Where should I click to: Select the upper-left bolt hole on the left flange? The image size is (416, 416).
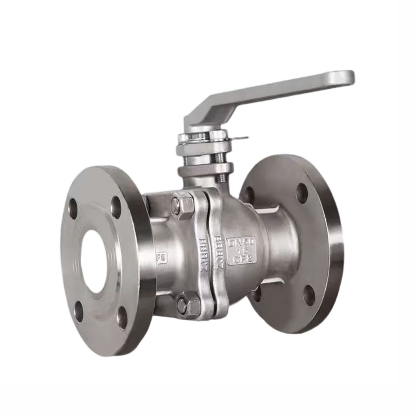click(73, 208)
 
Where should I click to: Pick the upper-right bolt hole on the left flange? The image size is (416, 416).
click(116, 207)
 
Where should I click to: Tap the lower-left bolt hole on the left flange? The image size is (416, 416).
click(79, 311)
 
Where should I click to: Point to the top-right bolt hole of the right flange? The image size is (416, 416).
click(302, 193)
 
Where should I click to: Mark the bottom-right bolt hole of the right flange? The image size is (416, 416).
click(309, 295)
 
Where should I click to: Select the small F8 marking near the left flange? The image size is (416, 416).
click(162, 259)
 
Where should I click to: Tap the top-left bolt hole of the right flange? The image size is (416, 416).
click(249, 195)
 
